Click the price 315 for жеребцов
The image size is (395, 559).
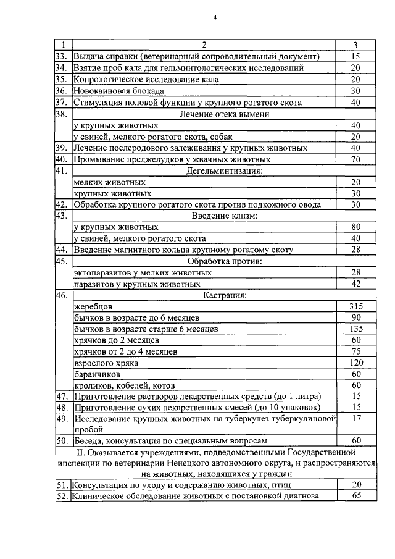355,306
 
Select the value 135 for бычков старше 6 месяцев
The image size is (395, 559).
355,329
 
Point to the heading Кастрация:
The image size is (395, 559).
224,295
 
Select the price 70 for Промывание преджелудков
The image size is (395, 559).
355,159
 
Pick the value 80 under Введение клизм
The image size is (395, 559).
355,227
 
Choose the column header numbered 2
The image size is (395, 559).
204,45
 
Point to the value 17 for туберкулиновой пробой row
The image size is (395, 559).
355,418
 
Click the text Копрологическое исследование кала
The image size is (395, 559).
146,80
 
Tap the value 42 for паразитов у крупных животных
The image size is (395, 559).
355,284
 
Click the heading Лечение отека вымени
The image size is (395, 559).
224,114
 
